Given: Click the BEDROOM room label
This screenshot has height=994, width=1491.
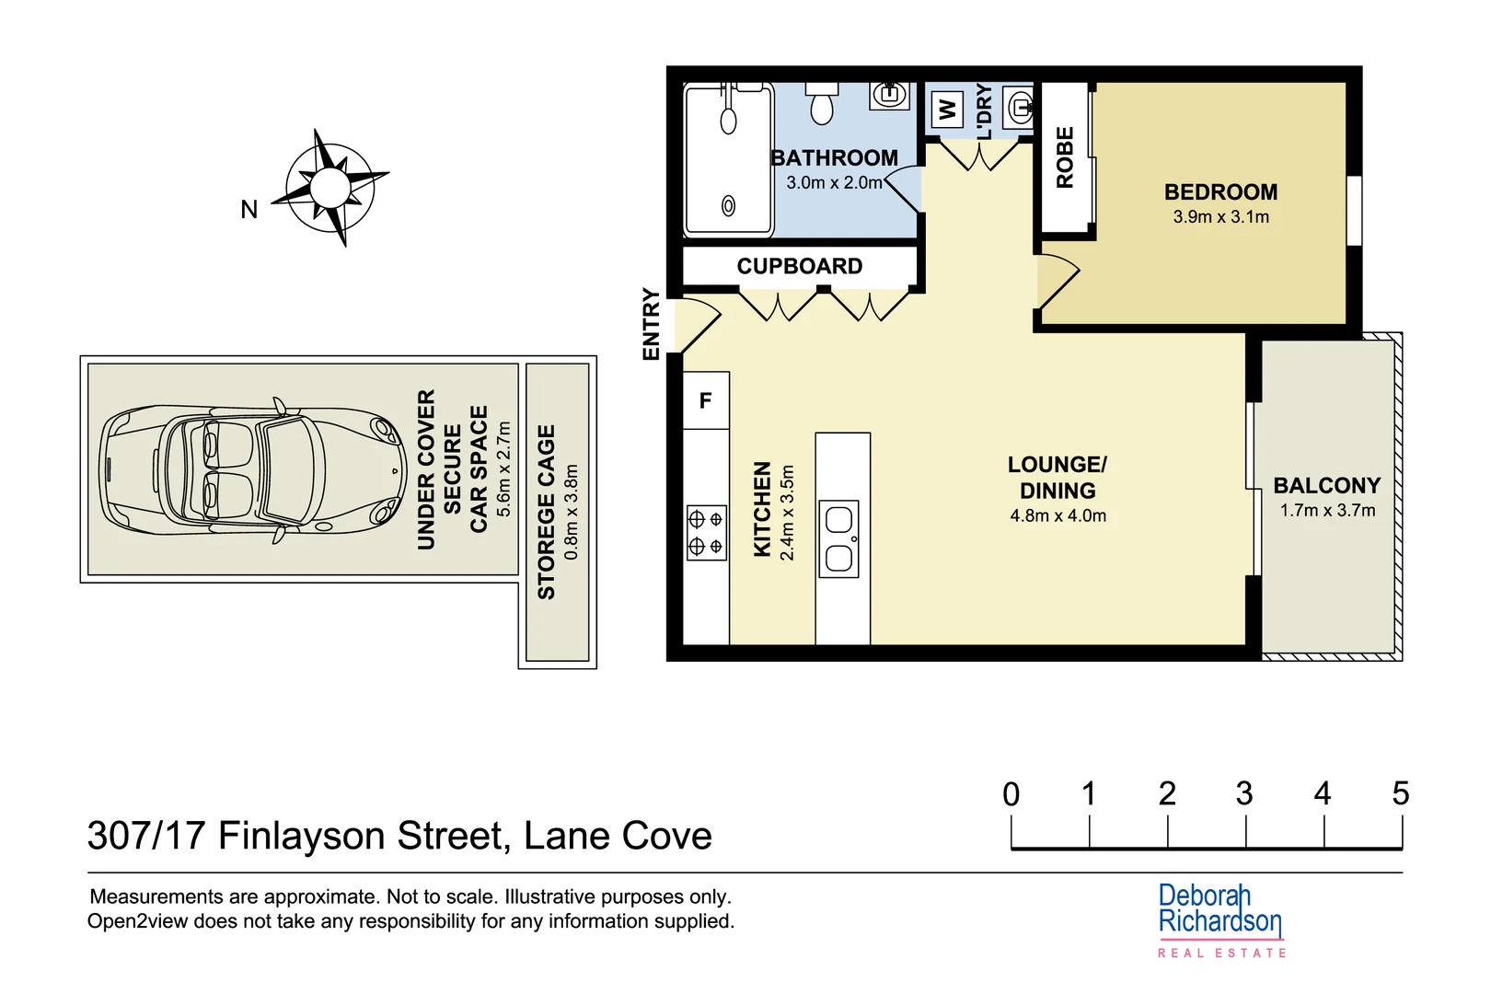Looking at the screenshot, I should pyautogui.click(x=1220, y=192).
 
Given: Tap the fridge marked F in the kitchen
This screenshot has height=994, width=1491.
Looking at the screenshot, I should pyautogui.click(x=706, y=401).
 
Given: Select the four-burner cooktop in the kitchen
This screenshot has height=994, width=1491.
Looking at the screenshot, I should pyautogui.click(x=706, y=533).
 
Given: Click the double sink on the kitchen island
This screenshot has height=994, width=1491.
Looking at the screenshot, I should pyautogui.click(x=838, y=539).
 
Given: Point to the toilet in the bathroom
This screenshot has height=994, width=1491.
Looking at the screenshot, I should pyautogui.click(x=822, y=104).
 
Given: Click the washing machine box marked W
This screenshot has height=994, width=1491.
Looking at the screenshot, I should pyautogui.click(x=947, y=110).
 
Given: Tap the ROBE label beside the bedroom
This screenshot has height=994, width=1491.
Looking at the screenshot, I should pyautogui.click(x=1065, y=158).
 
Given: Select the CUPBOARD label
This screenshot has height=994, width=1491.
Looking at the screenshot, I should pyautogui.click(x=800, y=267).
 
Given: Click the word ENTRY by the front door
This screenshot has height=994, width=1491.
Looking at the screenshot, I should pyautogui.click(x=651, y=324).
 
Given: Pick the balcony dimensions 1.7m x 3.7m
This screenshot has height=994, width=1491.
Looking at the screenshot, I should pyautogui.click(x=1327, y=511).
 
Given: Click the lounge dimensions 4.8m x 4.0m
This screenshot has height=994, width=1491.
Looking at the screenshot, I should pyautogui.click(x=1058, y=516).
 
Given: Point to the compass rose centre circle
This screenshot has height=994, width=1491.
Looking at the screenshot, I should pyautogui.click(x=329, y=188).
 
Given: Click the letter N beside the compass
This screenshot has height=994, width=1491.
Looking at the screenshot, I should pyautogui.click(x=248, y=210).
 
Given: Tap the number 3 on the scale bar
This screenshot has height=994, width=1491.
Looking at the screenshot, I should pyautogui.click(x=1244, y=793).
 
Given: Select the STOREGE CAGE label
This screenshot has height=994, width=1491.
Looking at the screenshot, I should pyautogui.click(x=547, y=512).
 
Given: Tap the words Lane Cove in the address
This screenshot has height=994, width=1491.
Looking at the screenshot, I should pyautogui.click(x=618, y=836).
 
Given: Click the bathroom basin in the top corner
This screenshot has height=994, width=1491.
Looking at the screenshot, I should pyautogui.click(x=889, y=95).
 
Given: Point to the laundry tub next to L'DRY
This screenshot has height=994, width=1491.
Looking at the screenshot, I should pyautogui.click(x=1019, y=109).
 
